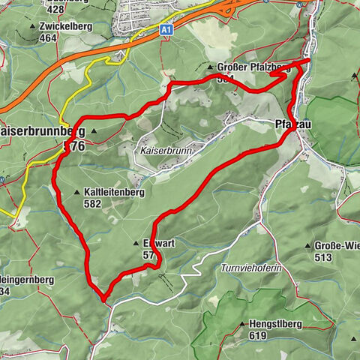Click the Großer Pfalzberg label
coord(255,67)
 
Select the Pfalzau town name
coord(293,124)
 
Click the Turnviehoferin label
coord(249,268)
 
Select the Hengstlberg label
coord(274,324)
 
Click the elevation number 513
coord(323,257)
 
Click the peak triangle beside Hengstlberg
coord(242,324)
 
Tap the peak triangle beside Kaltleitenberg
coord(77,193)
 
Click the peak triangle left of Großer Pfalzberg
coord(210,67)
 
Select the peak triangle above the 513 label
coord(307,245)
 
